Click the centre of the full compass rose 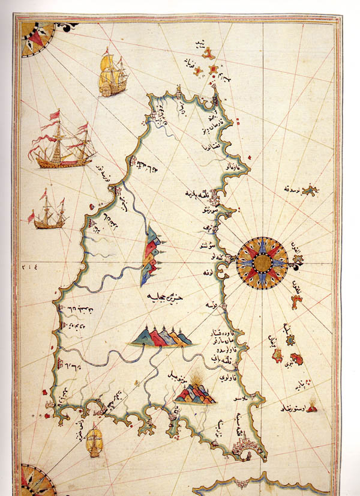click(262, 262)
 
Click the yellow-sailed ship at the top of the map click(112, 74)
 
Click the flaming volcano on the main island click(196, 389)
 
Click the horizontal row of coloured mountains click(161, 337)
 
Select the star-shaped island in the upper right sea click(310, 191)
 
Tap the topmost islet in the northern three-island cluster click(208, 53)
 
